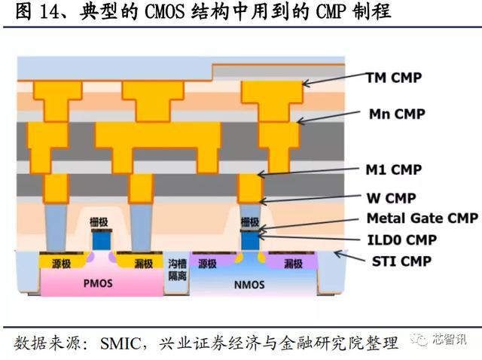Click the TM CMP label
tap(393, 78)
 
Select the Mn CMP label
tap(397, 114)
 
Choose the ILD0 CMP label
tap(401, 240)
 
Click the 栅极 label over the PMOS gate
tap(99, 221)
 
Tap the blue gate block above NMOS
tap(250, 241)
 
